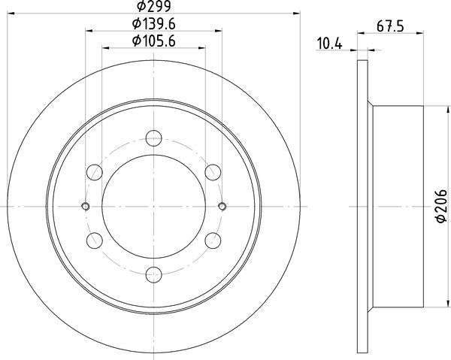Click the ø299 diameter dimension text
pyautogui.click(x=153, y=8)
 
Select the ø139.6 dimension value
pyautogui.click(x=153, y=24)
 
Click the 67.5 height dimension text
pyautogui.click(x=387, y=29)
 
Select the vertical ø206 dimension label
pyautogui.click(x=441, y=206)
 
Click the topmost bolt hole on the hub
pyautogui.click(x=153, y=138)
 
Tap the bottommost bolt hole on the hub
pyautogui.click(x=153, y=274)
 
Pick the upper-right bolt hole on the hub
pyautogui.click(x=213, y=171)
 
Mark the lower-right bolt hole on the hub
pyautogui.click(x=213, y=241)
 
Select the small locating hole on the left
pyautogui.click(x=85, y=206)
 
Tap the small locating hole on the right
pyautogui.click(x=222, y=206)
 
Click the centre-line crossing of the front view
pyautogui.click(x=153, y=206)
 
